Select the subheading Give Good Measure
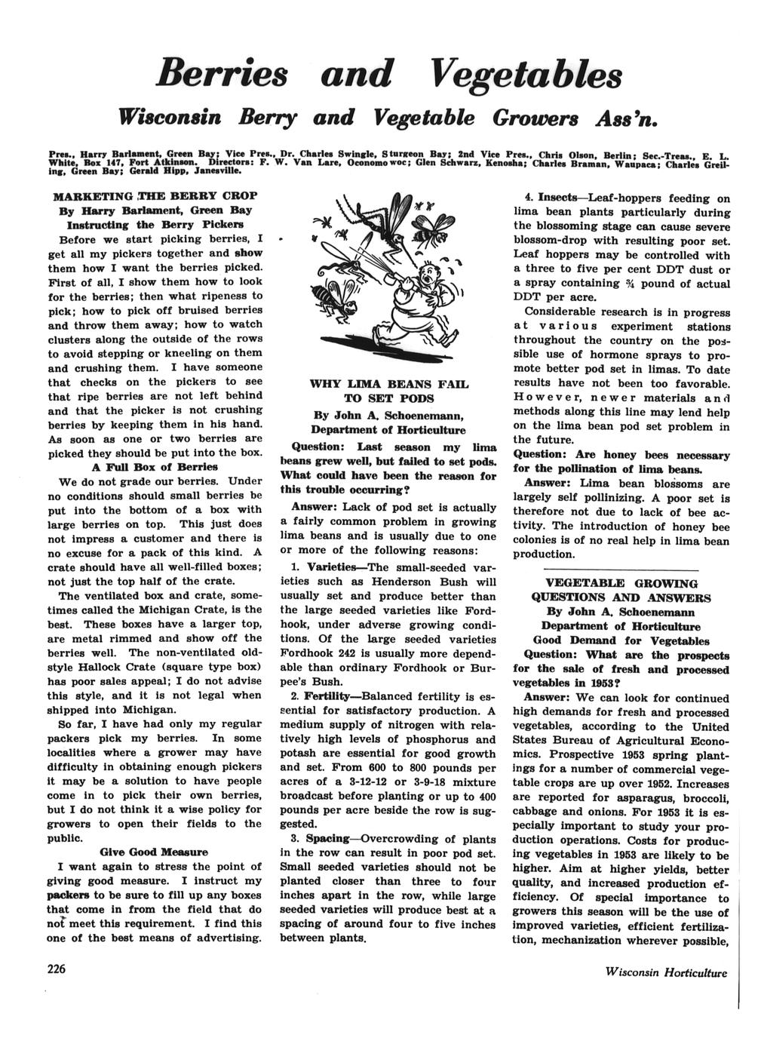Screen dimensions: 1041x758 tap(154, 852)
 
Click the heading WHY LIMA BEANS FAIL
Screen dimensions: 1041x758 tap(389, 384)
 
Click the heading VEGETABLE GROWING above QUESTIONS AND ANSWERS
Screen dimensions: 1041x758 tap(621, 583)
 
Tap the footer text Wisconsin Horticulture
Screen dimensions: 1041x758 tap(666, 972)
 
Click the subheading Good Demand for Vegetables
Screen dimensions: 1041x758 tap(621, 640)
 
